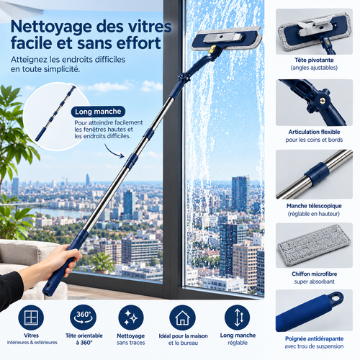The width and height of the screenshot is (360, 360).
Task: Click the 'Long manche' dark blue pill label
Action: tap(98, 112)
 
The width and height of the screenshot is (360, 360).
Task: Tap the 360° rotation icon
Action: tap(83, 318)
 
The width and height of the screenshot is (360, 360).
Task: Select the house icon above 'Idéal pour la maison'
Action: tap(182, 318)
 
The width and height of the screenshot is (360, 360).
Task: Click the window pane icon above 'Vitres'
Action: tap(31, 318)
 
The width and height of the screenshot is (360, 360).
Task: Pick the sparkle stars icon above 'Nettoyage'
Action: tap(131, 318)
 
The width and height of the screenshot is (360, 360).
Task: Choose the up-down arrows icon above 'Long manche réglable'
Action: tap(238, 318)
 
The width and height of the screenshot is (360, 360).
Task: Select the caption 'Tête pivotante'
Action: tap(314, 60)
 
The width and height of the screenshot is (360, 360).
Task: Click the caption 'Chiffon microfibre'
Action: tap(315, 274)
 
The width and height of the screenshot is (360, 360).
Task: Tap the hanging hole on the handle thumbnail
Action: tap(336, 298)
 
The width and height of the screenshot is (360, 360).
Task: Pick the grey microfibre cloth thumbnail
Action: tap(314, 246)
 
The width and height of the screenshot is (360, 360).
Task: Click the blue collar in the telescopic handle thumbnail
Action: tap(317, 174)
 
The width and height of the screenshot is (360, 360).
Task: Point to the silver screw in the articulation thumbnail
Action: tap(323, 101)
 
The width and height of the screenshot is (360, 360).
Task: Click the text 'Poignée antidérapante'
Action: tap(314, 339)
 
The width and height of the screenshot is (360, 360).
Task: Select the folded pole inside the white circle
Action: tap(55, 113)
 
